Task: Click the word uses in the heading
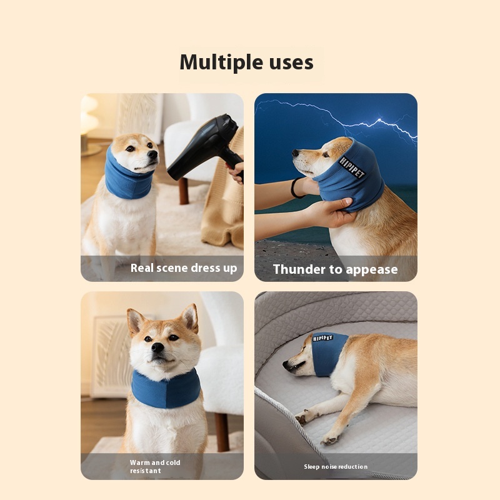(x=291, y=63)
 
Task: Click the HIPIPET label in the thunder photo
(x=351, y=167)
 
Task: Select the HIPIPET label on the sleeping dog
(x=322, y=338)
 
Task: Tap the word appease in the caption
(x=371, y=271)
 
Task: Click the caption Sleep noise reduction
(x=336, y=466)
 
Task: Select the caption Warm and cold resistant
(x=155, y=466)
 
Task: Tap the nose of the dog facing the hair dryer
(x=153, y=154)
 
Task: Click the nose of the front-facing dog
(x=157, y=347)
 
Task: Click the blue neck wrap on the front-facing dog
(x=166, y=389)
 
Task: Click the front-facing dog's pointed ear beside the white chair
(x=190, y=318)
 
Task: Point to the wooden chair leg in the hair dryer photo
(x=183, y=191)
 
